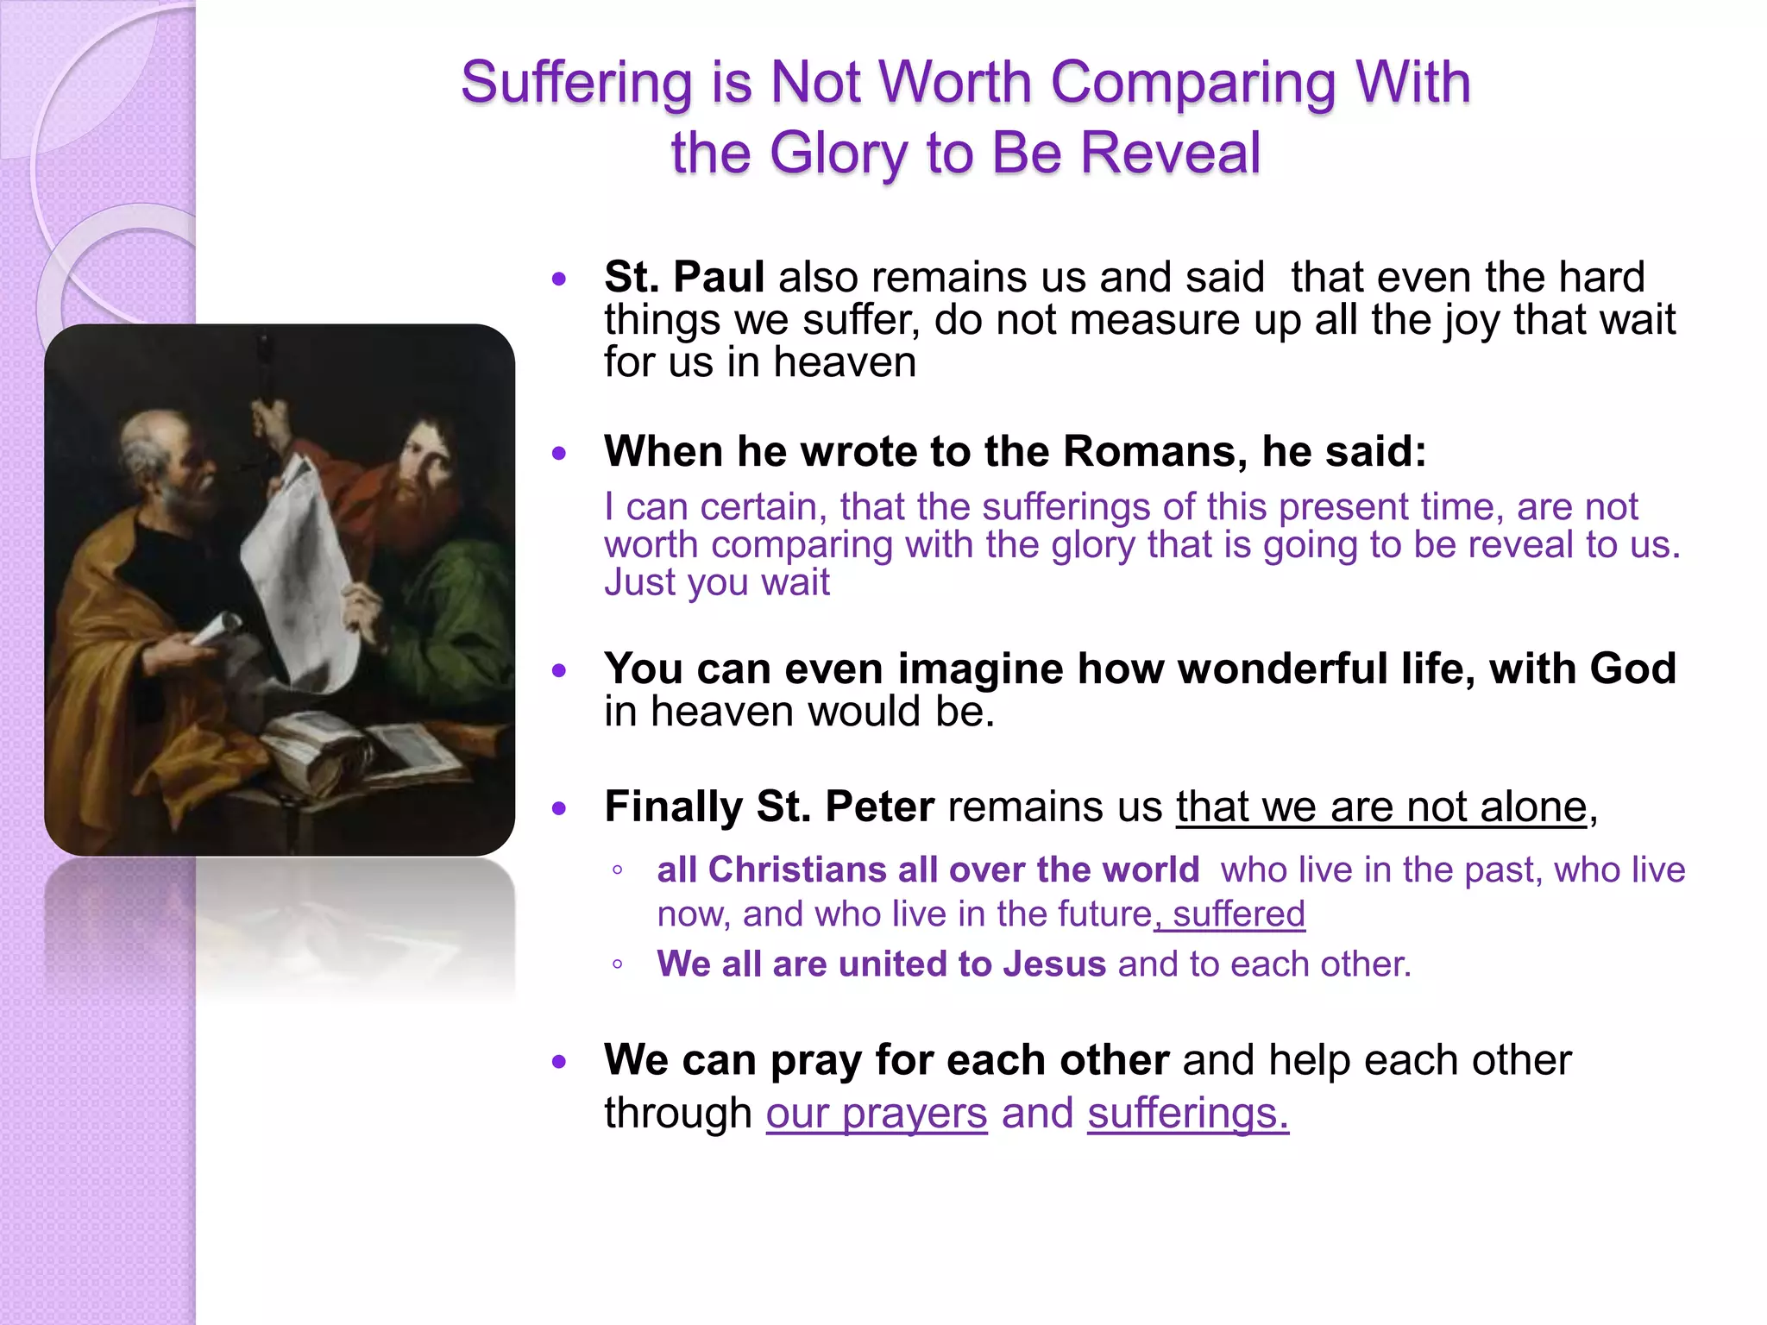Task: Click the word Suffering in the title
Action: (x=575, y=84)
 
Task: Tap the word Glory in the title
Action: (x=837, y=154)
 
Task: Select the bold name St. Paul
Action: (x=683, y=277)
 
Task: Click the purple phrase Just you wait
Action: (x=716, y=582)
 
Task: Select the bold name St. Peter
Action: (x=845, y=807)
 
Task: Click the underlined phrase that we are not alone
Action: (x=1381, y=807)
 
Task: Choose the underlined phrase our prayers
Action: (x=876, y=1113)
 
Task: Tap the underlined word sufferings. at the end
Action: (x=1187, y=1113)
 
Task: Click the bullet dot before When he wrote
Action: (x=560, y=453)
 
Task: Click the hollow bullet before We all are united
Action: (x=617, y=964)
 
